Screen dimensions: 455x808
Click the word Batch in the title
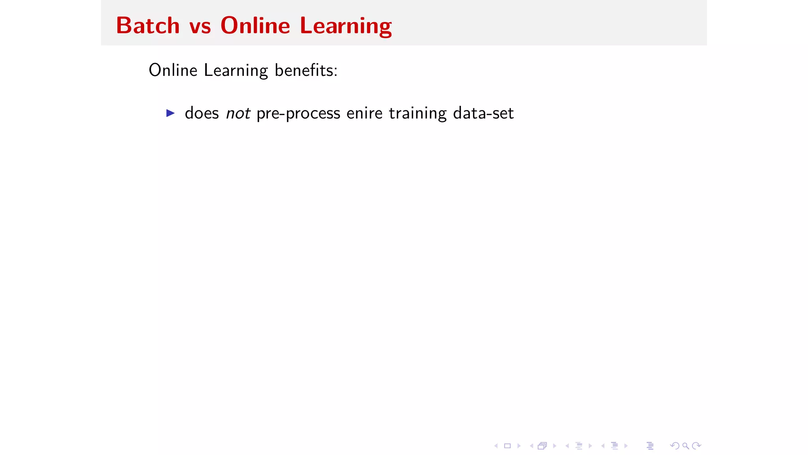pos(148,26)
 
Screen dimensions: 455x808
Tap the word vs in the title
pos(200,26)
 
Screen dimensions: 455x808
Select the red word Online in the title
pos(255,26)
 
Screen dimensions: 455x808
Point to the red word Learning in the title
pos(346,26)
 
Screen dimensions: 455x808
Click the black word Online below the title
pos(173,70)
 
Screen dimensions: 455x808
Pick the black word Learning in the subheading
pos(236,71)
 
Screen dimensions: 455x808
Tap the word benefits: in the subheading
pos(306,70)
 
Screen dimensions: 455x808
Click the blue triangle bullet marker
pos(170,113)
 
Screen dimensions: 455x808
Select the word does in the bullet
pos(202,113)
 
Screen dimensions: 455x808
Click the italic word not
pos(238,113)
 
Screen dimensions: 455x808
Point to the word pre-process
pos(298,114)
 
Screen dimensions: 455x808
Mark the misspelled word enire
pos(365,113)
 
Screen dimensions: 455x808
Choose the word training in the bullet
pos(418,114)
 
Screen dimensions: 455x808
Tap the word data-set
pos(483,113)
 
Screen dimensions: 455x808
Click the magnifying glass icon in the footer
pos(686,446)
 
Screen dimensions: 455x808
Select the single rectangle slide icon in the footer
pos(507,446)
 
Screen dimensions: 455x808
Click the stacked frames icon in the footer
pos(542,446)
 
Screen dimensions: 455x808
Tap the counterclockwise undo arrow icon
pos(675,446)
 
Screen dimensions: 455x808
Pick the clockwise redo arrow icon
pos(697,446)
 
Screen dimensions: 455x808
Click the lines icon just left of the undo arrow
pos(650,446)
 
